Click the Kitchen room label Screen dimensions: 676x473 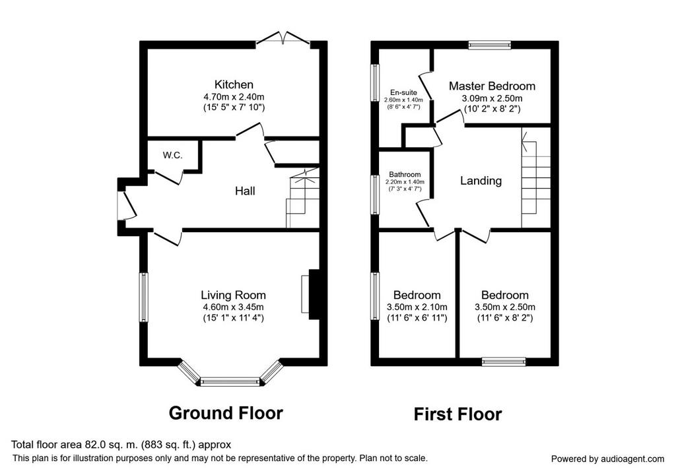tap(234, 84)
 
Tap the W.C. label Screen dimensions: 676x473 tap(172, 156)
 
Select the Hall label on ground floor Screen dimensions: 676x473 tap(245, 191)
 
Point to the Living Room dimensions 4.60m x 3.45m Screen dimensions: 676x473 tap(233, 307)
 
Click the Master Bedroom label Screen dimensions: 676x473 tap(492, 86)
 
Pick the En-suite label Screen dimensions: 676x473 tap(403, 92)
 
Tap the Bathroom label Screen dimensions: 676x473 tap(405, 174)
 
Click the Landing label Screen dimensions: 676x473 tap(481, 181)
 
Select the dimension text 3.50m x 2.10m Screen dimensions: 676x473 tap(417, 307)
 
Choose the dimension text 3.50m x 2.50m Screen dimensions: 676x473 tap(505, 307)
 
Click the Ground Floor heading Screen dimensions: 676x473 tap(226, 413)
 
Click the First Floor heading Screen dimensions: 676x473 tap(458, 414)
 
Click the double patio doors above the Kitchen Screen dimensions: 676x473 tap(283, 38)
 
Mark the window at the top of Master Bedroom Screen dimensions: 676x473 tap(489, 45)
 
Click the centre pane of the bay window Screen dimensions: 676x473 tap(230, 382)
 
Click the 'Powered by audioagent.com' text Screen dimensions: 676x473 tap(607, 459)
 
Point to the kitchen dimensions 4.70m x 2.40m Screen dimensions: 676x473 tap(234, 97)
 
